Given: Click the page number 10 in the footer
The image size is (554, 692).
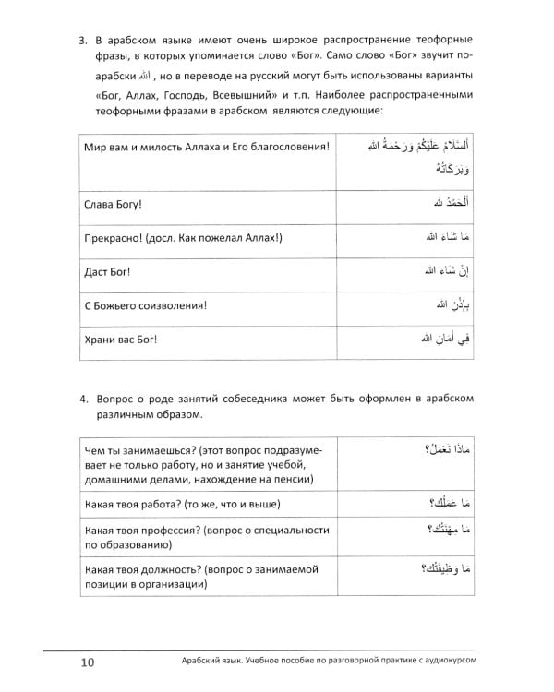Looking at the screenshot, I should coord(86,663).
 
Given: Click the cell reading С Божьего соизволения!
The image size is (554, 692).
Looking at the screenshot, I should coord(143,306).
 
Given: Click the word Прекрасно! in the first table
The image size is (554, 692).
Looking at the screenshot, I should coord(114,239).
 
